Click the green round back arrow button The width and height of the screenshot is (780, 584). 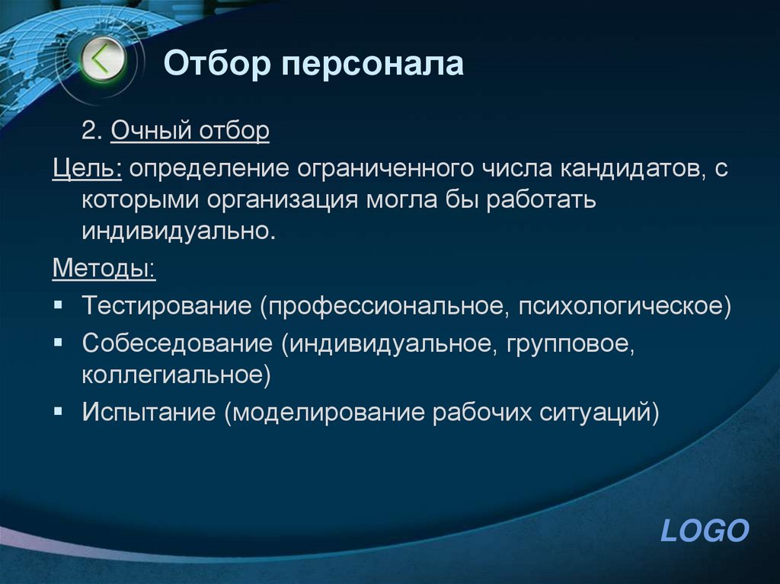point(103,59)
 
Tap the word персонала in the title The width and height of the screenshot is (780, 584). point(372,64)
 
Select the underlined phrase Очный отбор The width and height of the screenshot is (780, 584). point(190,132)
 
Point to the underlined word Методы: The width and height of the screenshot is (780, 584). point(103,268)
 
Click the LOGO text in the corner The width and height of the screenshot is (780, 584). point(705,530)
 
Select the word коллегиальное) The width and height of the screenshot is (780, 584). point(177,375)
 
